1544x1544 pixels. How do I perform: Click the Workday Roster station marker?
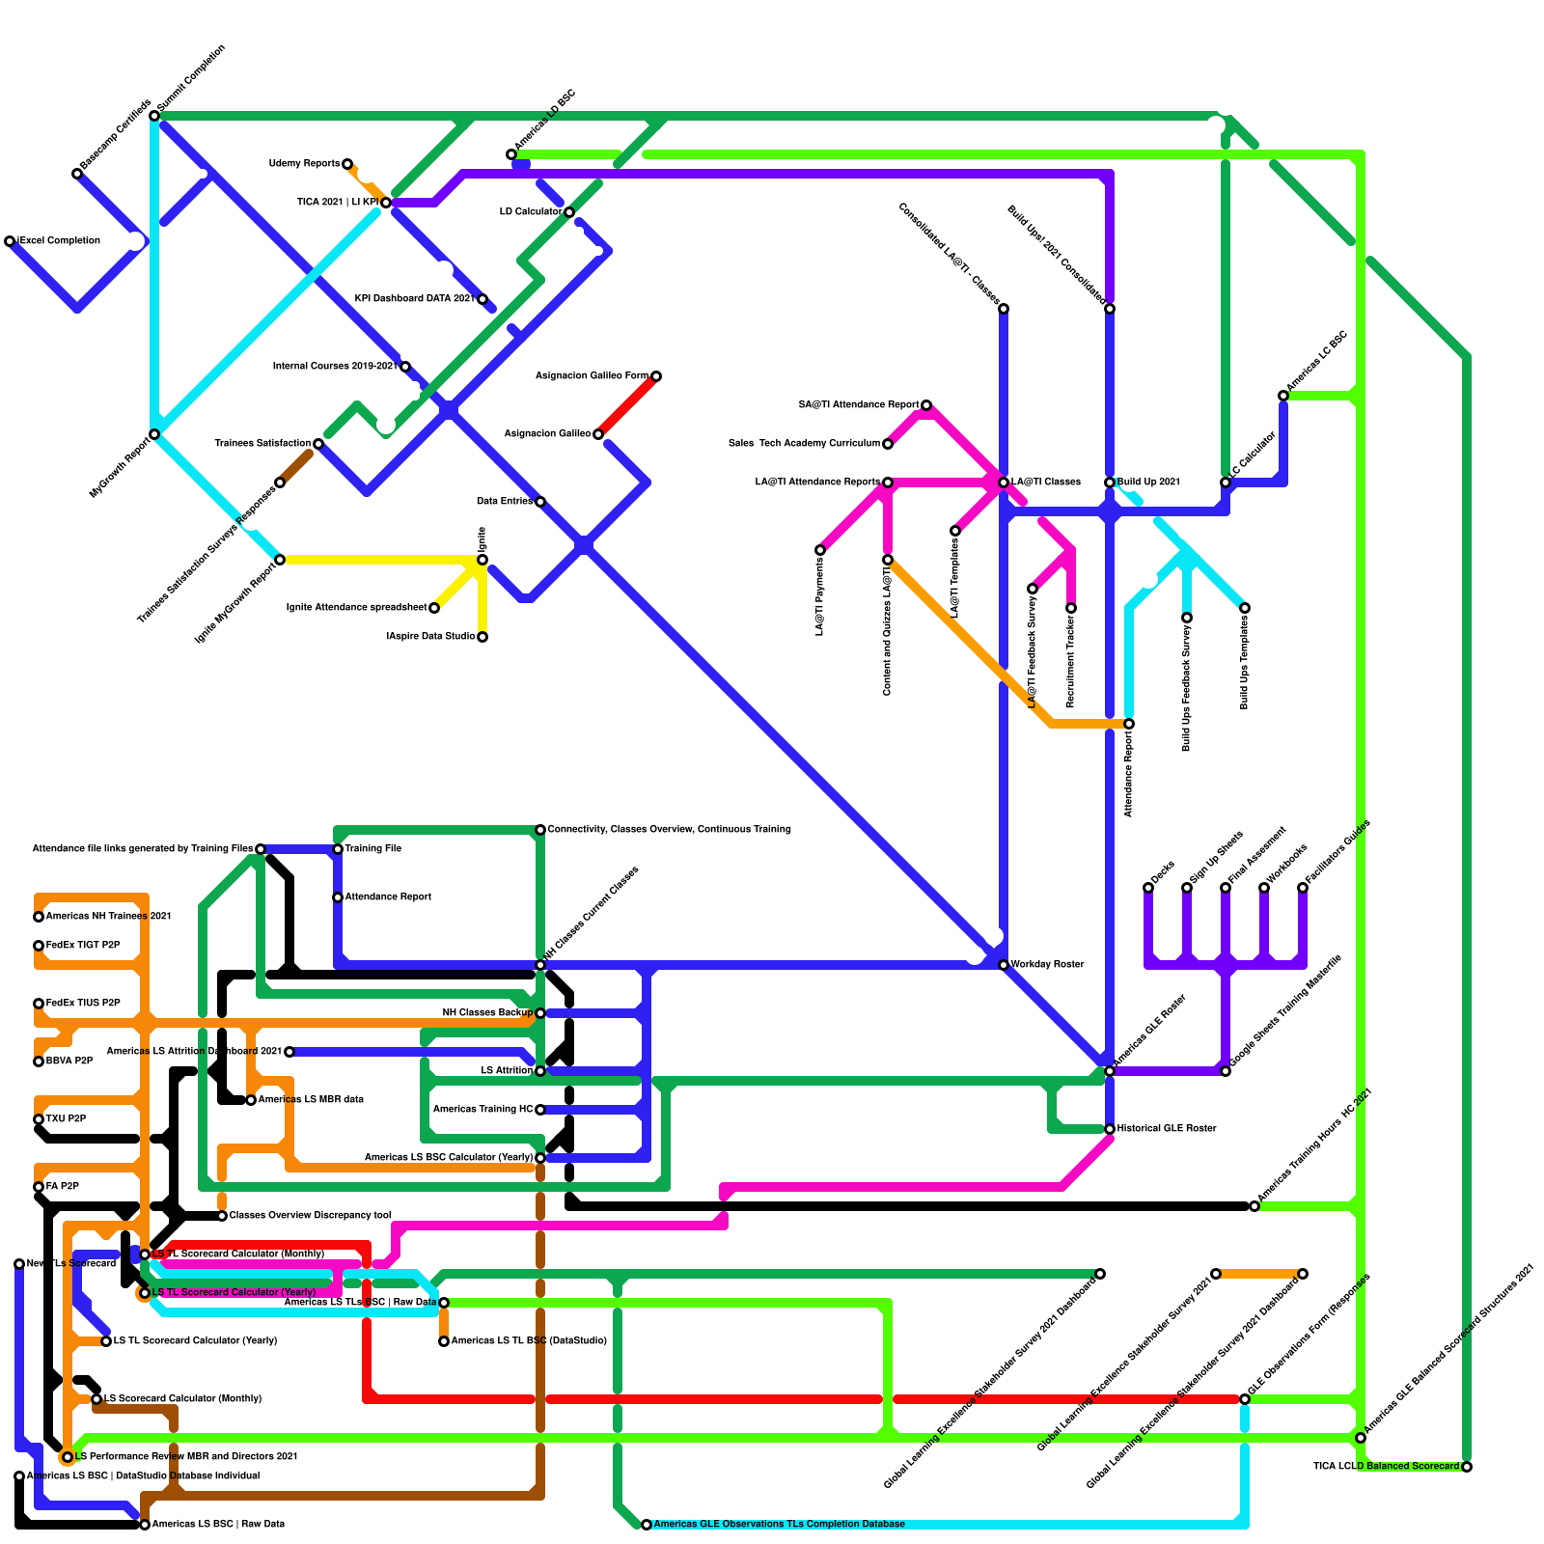(1004, 965)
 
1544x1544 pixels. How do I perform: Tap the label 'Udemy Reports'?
(304, 164)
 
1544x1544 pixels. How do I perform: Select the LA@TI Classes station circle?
(1004, 482)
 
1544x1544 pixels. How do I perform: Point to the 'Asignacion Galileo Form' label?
(592, 376)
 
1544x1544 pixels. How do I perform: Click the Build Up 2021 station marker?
(1110, 482)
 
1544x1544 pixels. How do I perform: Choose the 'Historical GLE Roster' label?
(1167, 1129)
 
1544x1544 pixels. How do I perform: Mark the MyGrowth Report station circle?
(154, 434)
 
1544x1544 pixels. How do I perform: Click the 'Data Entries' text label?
(504, 502)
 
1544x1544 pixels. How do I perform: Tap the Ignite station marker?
(482, 560)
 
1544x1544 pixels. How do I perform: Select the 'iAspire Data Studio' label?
(430, 637)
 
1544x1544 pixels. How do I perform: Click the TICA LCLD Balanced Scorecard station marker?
(1467, 1467)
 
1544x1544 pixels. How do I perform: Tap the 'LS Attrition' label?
(507, 1071)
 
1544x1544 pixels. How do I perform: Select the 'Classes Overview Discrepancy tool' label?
(310, 1216)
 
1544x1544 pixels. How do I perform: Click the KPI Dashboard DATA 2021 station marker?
(482, 299)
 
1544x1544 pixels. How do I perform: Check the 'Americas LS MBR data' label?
(311, 1100)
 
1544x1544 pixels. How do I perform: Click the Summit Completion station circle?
(154, 116)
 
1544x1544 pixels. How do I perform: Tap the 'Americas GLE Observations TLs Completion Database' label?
(779, 1525)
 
